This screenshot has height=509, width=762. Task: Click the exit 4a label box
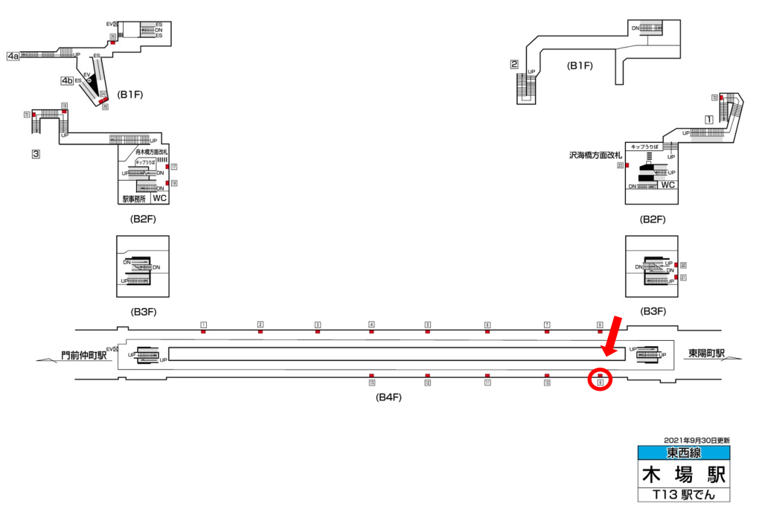(13, 56)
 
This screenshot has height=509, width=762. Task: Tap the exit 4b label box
(67, 80)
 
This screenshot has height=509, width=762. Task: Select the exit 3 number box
(35, 154)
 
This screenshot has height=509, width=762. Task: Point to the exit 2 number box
(513, 64)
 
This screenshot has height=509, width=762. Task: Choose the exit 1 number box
(709, 119)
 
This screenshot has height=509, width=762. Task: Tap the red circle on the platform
(600, 380)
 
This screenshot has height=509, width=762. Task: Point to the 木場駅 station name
(683, 474)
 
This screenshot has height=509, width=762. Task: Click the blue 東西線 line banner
(683, 452)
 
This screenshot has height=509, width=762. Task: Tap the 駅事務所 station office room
(135, 199)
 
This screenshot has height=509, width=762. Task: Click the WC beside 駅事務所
(159, 199)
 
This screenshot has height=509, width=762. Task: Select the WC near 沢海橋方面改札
(667, 185)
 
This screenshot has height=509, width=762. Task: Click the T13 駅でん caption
(683, 495)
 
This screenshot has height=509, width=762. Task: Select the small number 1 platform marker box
(203, 324)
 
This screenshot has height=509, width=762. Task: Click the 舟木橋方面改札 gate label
(147, 153)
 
